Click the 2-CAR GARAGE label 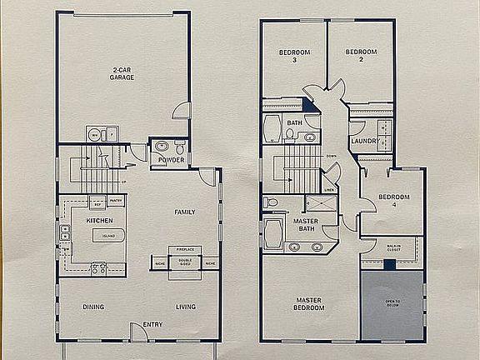coord(123,73)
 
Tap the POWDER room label coord(172,160)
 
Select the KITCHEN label coord(99,220)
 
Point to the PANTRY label coord(115,201)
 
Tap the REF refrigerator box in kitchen coord(97,202)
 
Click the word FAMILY coord(184,212)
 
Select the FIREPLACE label coord(184,249)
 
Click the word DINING coord(93,307)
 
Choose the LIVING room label coord(185,307)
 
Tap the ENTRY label coord(152,324)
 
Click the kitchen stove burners coord(98,269)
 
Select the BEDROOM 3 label coord(294,57)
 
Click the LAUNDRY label coord(364,141)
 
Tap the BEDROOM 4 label coord(394,201)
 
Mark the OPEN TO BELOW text coord(392,303)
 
